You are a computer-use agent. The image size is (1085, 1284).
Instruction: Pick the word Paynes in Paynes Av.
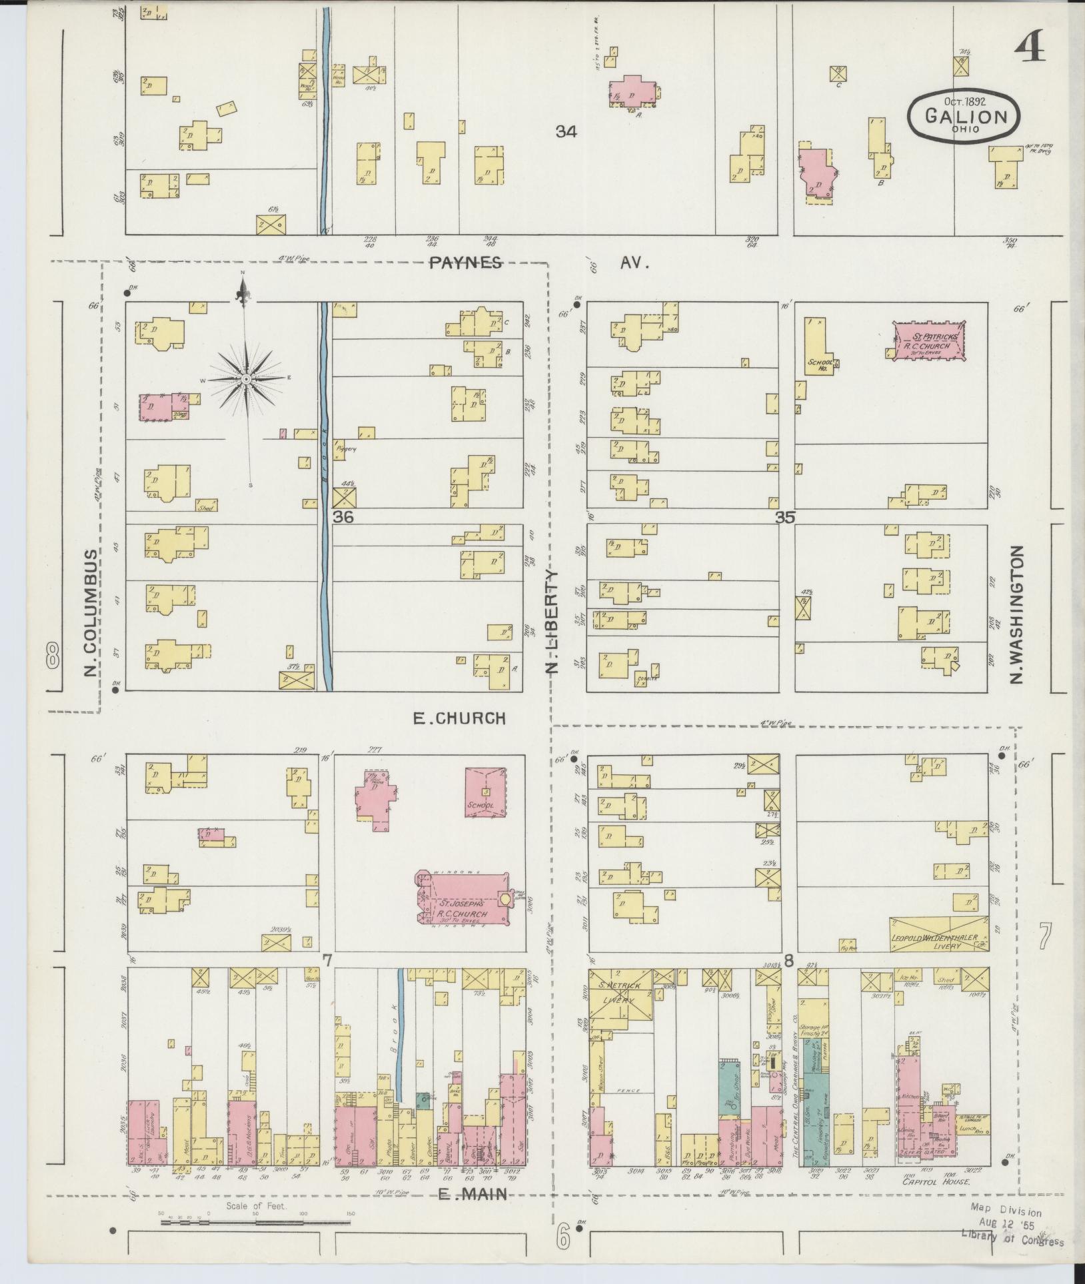click(465, 263)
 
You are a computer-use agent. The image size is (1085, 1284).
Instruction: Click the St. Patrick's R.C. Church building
click(930, 342)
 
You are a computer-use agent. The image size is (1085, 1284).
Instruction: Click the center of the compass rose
click(247, 379)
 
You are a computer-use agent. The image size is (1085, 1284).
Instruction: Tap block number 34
click(566, 132)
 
